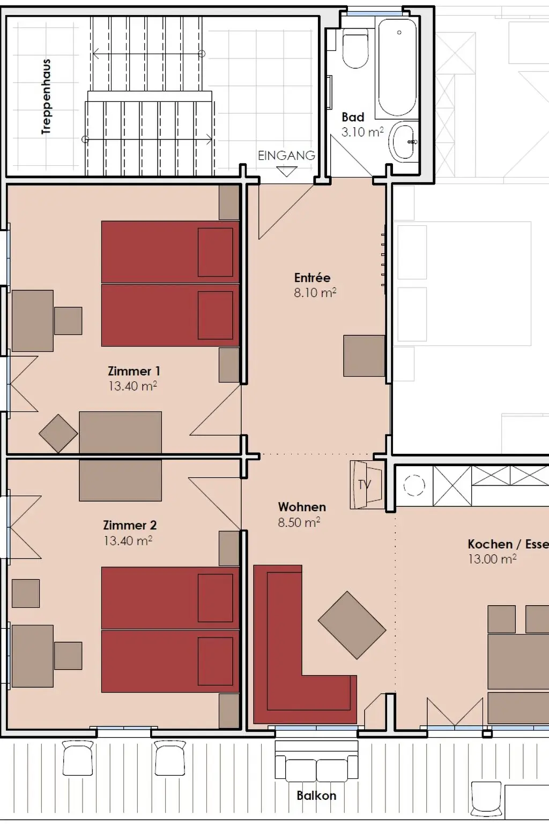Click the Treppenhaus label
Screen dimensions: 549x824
pyautogui.click(x=46, y=97)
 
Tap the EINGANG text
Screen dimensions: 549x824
pyautogui.click(x=286, y=156)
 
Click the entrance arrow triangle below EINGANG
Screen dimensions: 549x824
pyautogui.click(x=287, y=172)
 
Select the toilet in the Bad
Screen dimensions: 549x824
pyautogui.click(x=355, y=48)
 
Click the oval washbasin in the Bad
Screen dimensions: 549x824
pyautogui.click(x=404, y=142)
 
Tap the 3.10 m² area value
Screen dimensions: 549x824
pyautogui.click(x=362, y=131)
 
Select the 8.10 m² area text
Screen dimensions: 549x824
pyautogui.click(x=315, y=292)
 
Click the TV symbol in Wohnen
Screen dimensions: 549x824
pyautogui.click(x=366, y=484)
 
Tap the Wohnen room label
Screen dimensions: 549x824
pyautogui.click(x=302, y=507)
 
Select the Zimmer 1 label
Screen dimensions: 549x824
pyautogui.click(x=134, y=371)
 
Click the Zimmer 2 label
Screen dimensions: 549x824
pyautogui.click(x=130, y=525)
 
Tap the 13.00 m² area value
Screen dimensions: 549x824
pyautogui.click(x=492, y=559)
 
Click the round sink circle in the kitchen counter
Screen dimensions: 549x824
pyautogui.click(x=414, y=485)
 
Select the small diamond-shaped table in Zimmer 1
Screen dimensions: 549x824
pyautogui.click(x=58, y=433)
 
